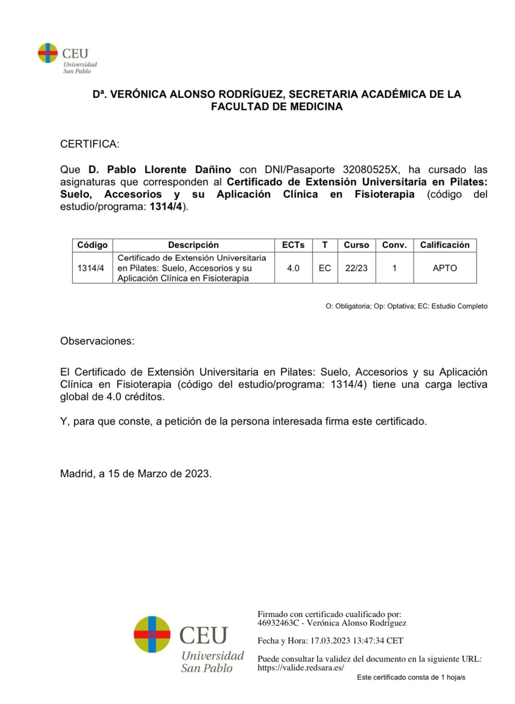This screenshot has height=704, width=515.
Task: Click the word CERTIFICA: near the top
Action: pos(89,144)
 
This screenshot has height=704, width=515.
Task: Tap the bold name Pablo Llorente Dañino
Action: pos(160,170)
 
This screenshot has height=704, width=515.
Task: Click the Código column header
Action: pos(92,245)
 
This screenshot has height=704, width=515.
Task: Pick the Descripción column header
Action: pos(193,245)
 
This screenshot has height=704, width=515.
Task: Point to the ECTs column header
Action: pos(293,245)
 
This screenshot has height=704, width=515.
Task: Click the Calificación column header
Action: pos(444,245)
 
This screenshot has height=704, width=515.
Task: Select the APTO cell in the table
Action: pos(444,268)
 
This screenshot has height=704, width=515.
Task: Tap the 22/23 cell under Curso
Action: pos(356,268)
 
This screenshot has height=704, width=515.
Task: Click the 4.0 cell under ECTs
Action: pos(293,268)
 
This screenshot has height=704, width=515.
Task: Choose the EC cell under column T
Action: pos(324,268)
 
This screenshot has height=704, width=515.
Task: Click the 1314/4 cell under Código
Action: pos(91,268)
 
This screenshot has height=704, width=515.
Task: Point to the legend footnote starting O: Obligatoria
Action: pos(406,306)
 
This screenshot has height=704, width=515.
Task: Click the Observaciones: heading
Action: pos(97,341)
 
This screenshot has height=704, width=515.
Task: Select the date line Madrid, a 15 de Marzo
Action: pos(135,474)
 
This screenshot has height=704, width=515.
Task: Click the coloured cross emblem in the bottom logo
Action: pos(152,634)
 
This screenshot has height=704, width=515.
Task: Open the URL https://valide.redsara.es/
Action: pos(300,668)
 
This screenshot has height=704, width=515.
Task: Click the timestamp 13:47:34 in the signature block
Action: pos(368,641)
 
